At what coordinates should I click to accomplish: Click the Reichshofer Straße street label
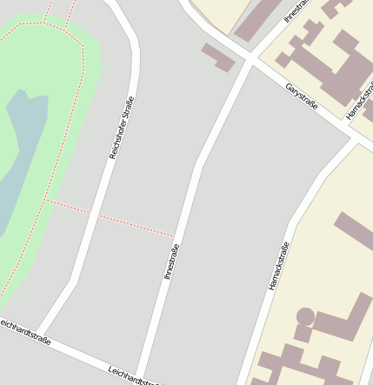[x=121, y=127]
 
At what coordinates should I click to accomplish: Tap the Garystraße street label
[x=302, y=97]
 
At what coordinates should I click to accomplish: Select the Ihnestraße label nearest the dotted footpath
[x=171, y=261]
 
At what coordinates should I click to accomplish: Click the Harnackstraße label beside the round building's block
[x=278, y=266]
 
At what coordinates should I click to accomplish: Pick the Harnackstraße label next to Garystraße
[x=359, y=102]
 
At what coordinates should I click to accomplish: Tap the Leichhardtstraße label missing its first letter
[x=24, y=332]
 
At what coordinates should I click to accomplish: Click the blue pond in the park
[x=19, y=156]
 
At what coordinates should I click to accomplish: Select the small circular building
[x=305, y=315]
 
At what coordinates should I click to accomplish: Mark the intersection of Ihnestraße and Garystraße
[x=250, y=61]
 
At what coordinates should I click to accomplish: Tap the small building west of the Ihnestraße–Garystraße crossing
[x=218, y=56]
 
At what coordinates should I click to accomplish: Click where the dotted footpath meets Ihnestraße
[x=175, y=236]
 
